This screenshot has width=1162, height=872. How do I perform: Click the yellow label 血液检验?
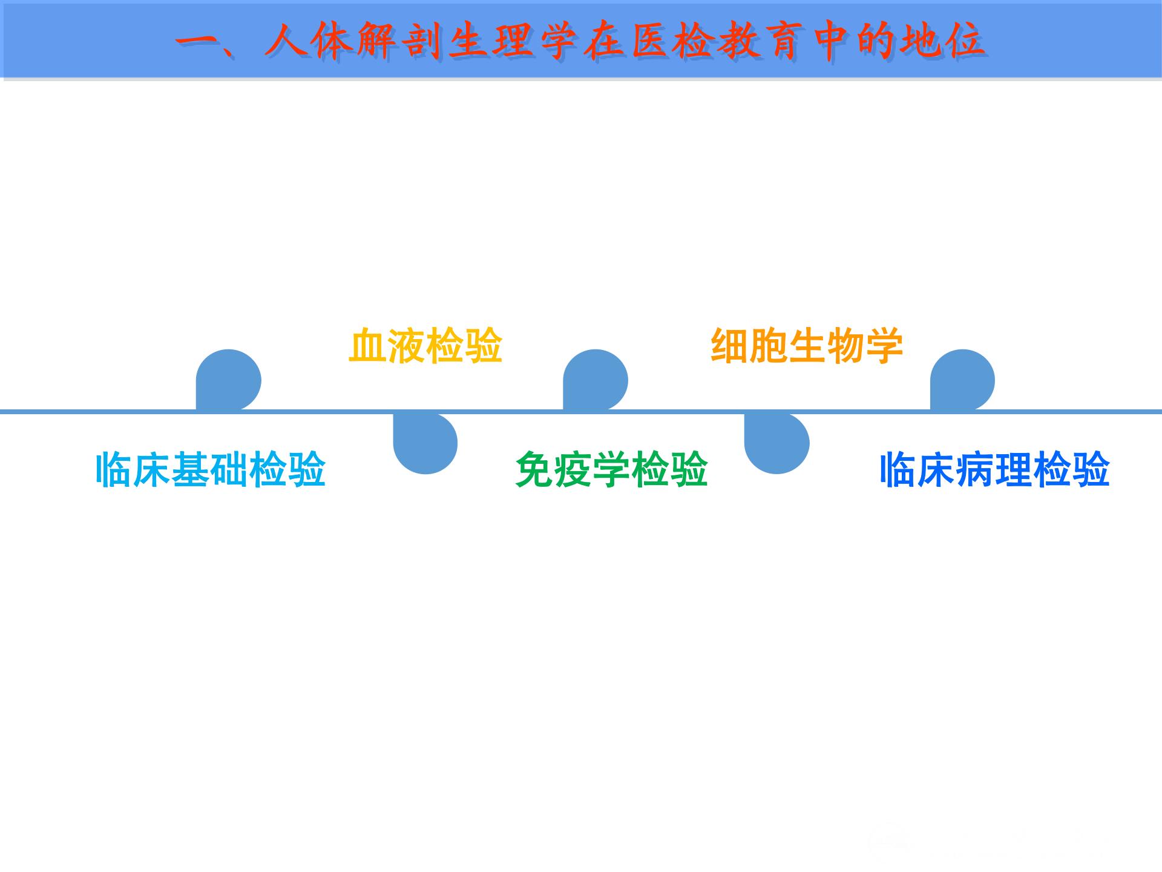[x=425, y=346]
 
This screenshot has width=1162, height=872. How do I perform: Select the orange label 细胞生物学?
[x=806, y=346]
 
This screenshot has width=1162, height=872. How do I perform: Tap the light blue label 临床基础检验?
[x=211, y=469]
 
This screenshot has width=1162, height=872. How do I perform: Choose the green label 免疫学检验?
[x=611, y=469]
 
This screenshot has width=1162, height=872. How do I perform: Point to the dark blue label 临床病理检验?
[x=994, y=469]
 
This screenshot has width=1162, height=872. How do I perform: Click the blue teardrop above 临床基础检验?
[x=228, y=380]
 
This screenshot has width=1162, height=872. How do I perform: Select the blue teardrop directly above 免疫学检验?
[x=595, y=380]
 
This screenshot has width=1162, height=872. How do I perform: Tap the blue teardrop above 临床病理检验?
[x=962, y=380]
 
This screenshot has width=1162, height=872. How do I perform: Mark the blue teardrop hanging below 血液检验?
[x=425, y=443]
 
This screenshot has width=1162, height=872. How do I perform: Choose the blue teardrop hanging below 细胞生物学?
[x=776, y=443]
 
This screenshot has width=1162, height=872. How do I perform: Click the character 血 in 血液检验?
[x=367, y=346]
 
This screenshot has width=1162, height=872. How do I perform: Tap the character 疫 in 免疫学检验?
[x=573, y=469]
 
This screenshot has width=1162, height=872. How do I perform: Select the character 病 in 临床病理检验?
[x=974, y=469]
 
